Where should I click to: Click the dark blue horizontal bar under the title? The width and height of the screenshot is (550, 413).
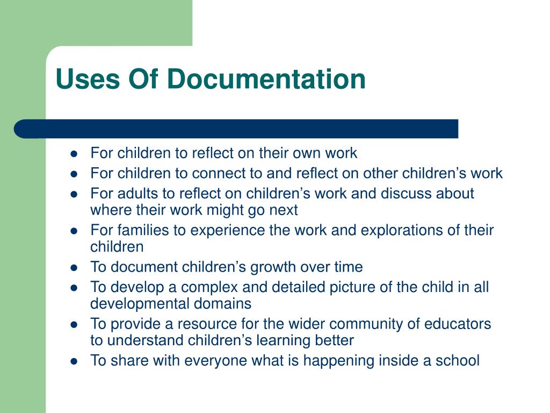[x=236, y=129]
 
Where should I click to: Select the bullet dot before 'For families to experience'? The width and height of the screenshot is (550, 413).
[x=75, y=231]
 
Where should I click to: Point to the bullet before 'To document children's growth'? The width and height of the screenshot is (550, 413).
[x=75, y=267]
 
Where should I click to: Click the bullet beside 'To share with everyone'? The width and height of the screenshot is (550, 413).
[x=75, y=361]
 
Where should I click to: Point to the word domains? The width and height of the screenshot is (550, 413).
[x=227, y=304]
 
